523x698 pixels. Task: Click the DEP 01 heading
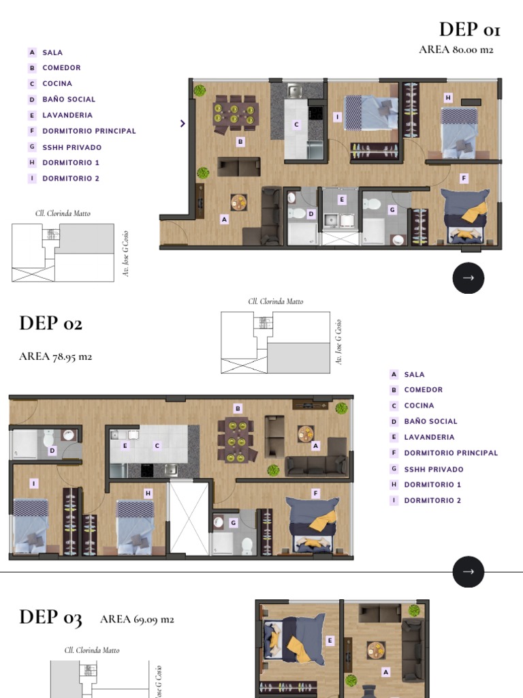470,30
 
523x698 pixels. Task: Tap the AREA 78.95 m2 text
56,356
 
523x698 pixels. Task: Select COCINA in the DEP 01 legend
57,83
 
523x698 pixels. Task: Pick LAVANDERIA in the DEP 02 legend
429,437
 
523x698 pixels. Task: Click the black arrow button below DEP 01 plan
469,278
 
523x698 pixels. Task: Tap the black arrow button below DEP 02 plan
469,572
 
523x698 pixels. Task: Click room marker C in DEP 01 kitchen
296,125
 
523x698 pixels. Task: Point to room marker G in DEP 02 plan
233,523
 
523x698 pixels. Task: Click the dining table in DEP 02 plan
236,440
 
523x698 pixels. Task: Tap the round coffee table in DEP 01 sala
239,202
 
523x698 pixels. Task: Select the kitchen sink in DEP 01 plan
294,91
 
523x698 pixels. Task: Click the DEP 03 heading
50,618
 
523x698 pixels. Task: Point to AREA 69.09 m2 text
137,619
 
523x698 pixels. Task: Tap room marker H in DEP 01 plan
448,97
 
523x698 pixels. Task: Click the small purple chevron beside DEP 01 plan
183,123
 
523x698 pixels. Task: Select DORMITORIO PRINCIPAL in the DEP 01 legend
89,131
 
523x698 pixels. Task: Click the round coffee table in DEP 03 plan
376,650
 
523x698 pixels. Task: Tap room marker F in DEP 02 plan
316,494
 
